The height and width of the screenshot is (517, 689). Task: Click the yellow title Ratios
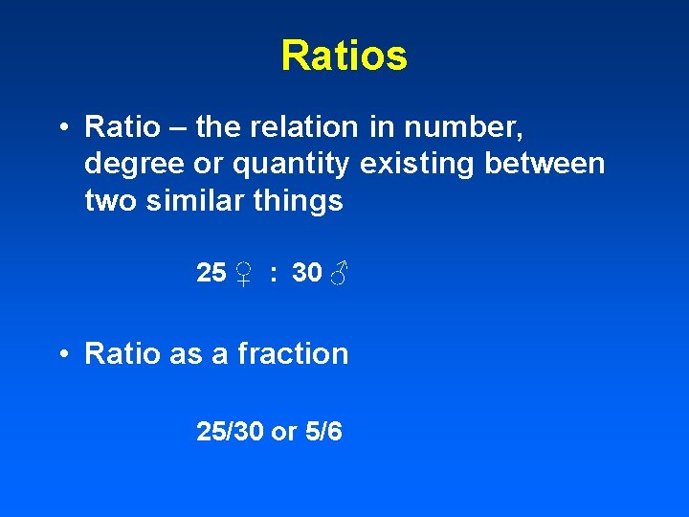point(344,56)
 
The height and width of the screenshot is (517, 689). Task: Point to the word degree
point(129,164)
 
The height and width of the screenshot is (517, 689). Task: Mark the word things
point(303,201)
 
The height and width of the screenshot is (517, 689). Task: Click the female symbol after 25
point(244,275)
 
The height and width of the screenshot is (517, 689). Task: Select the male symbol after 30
point(338,275)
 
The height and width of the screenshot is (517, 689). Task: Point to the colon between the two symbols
point(274,275)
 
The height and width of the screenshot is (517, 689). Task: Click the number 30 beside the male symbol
point(306,273)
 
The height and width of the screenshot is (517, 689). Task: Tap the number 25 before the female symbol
point(211,273)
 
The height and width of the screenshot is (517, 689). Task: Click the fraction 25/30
point(230,432)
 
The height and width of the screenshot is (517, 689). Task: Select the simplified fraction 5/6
point(323,432)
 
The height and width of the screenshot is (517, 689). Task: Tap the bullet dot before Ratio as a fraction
point(63,354)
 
